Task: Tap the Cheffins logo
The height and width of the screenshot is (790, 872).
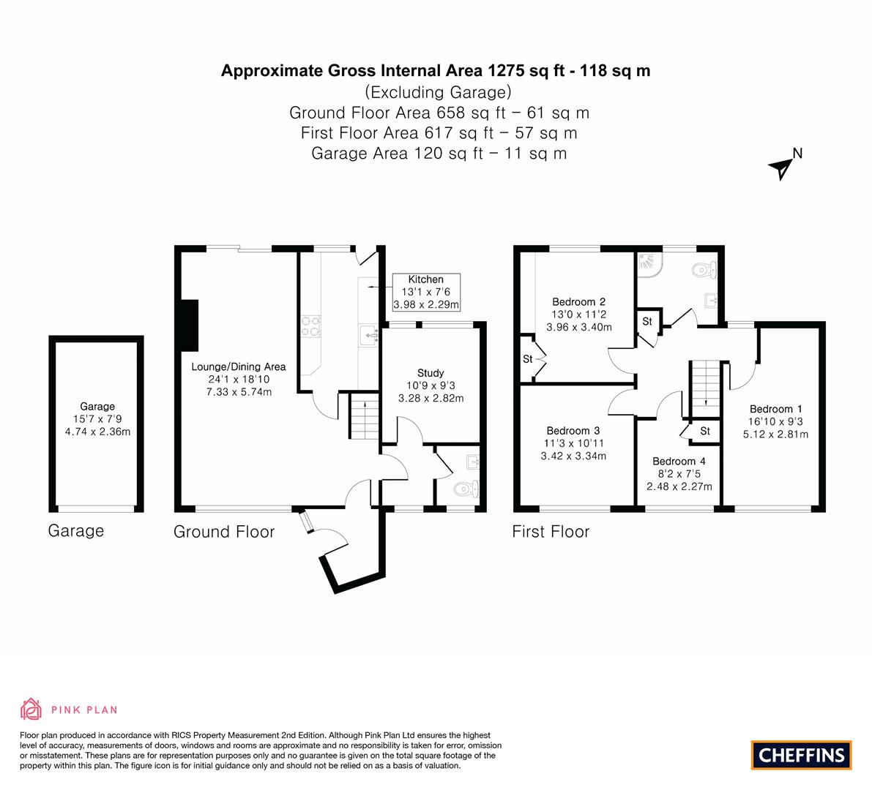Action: [802, 755]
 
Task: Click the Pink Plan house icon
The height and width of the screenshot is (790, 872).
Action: [31, 710]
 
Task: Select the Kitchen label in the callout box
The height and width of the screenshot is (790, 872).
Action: [426, 279]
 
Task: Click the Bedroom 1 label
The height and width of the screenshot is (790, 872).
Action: [776, 409]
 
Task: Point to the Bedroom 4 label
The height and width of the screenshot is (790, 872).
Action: [679, 461]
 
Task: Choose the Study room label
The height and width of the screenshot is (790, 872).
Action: [431, 373]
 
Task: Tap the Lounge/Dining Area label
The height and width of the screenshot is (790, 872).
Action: [239, 366]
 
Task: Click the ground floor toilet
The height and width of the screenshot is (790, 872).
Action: [466, 489]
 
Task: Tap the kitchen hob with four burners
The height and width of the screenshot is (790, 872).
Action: [311, 327]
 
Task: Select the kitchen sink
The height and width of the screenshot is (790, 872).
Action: [369, 336]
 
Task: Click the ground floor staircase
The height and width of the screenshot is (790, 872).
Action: [365, 416]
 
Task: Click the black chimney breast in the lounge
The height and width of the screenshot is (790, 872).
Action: [190, 326]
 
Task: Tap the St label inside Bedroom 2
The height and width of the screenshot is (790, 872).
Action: [528, 359]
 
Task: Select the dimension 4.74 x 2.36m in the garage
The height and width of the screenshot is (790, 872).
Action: [98, 432]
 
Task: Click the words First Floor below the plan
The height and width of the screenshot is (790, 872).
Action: [551, 532]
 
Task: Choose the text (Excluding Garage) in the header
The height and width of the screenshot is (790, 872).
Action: [439, 91]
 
